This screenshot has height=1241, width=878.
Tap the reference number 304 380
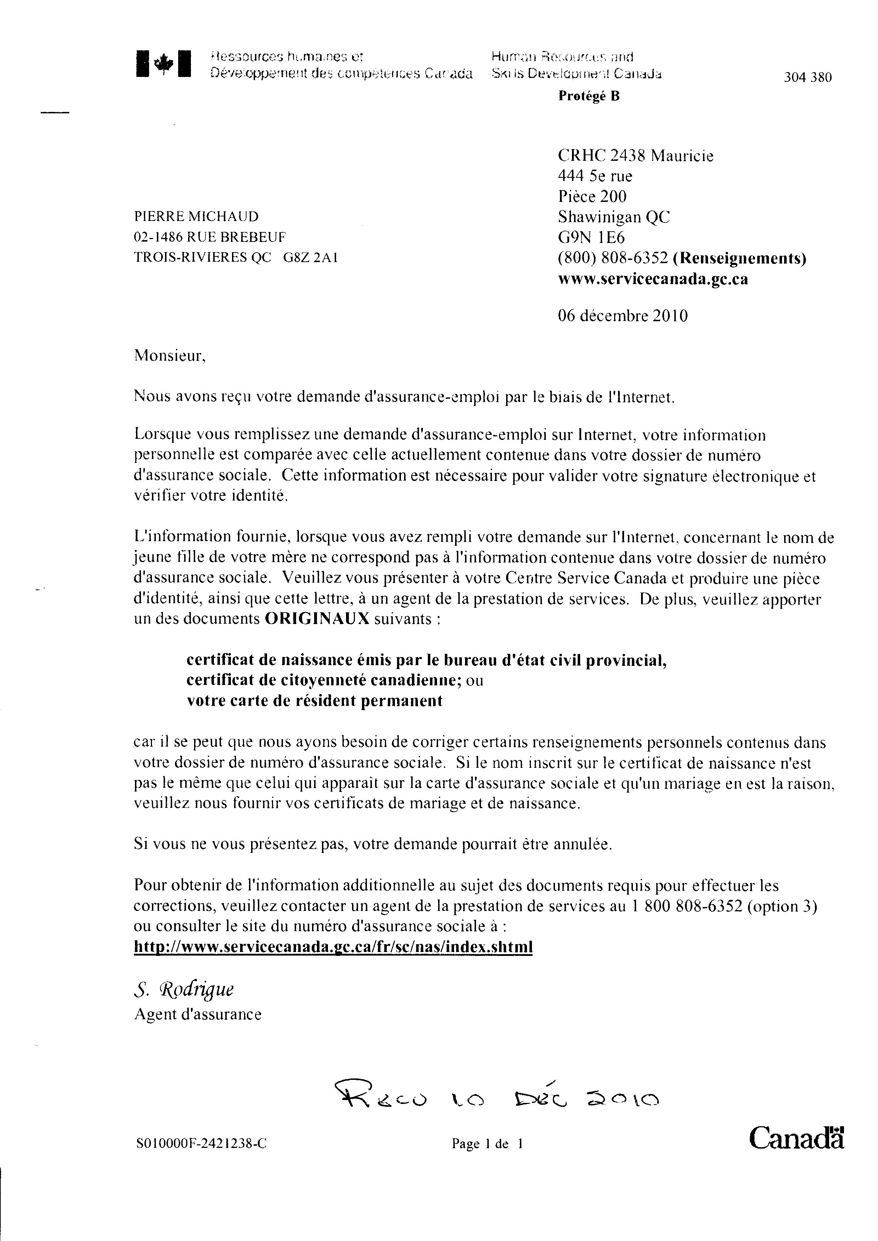tap(808, 77)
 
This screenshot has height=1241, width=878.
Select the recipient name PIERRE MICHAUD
tap(196, 217)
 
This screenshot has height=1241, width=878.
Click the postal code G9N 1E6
tap(591, 237)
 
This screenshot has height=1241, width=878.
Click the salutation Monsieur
tap(170, 356)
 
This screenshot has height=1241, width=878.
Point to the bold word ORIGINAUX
tap(317, 619)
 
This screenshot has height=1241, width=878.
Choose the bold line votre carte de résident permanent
tap(315, 701)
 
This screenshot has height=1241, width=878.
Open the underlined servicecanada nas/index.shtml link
tap(333, 947)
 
